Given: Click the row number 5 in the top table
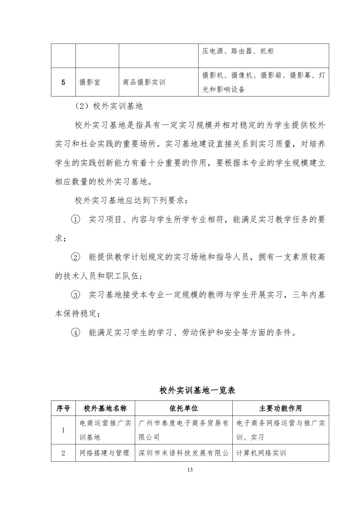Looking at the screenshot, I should pyautogui.click(x=63, y=82).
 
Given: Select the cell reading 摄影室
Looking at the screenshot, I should pyautogui.click(x=90, y=82).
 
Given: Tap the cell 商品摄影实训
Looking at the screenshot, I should pyautogui.click(x=144, y=82).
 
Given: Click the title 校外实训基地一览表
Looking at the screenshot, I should pyautogui.click(x=197, y=390).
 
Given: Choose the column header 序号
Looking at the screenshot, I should pyautogui.click(x=63, y=408).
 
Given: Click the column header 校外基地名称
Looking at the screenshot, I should pyautogui.click(x=105, y=408).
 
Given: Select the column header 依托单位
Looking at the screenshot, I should pyautogui.click(x=183, y=408).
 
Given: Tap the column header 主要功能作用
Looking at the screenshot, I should pyautogui.click(x=280, y=408).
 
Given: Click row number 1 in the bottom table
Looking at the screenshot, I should pyautogui.click(x=63, y=430).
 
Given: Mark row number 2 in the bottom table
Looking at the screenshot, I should pyautogui.click(x=63, y=453).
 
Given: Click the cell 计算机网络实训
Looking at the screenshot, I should pyautogui.click(x=261, y=453).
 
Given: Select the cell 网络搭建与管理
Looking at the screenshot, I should pyautogui.click(x=105, y=453).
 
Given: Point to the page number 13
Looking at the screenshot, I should pyautogui.click(x=190, y=470).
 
